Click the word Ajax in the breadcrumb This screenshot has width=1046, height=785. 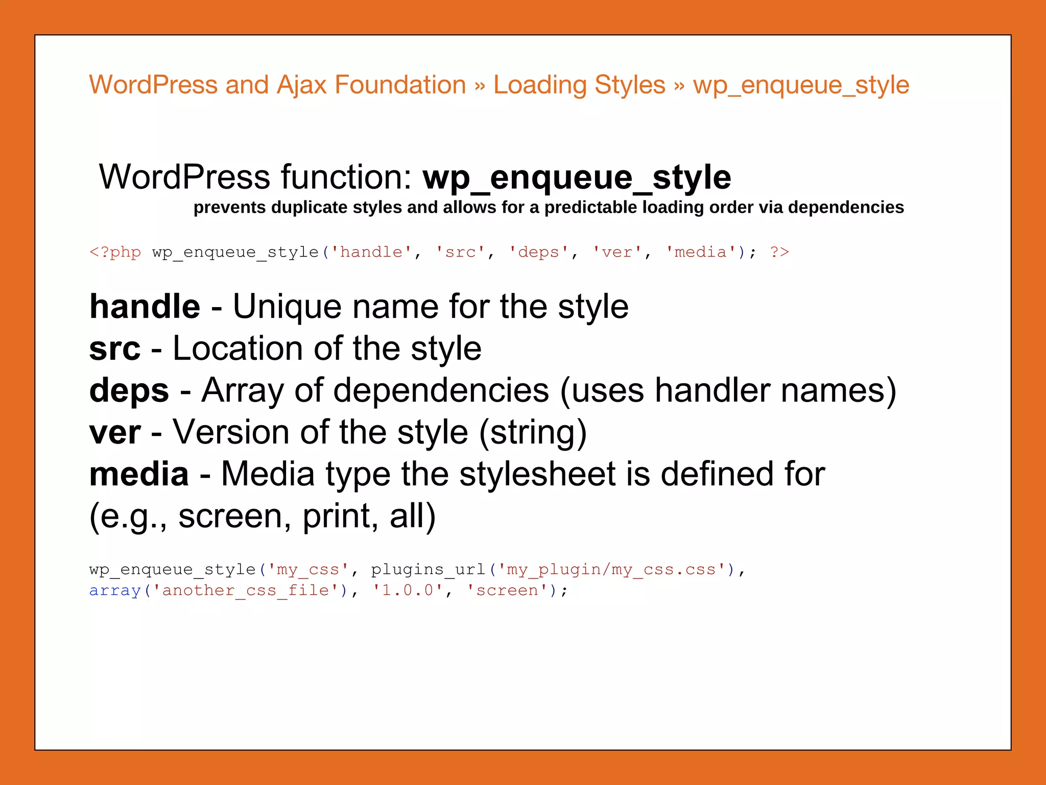[x=301, y=85]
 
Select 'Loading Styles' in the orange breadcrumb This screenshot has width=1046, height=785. [x=579, y=85]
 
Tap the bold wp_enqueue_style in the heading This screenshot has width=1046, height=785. [x=577, y=177]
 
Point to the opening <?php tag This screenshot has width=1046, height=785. [x=115, y=252]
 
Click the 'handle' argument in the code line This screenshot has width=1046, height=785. [x=371, y=252]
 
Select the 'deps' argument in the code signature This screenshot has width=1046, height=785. [x=538, y=252]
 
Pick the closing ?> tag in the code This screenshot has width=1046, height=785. [x=779, y=252]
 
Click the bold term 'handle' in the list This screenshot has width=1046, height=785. [x=145, y=307]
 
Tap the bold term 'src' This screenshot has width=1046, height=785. [x=114, y=349]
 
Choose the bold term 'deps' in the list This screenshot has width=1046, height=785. [x=129, y=391]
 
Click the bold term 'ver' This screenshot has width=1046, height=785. [x=115, y=432]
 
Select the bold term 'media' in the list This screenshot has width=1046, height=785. [x=139, y=474]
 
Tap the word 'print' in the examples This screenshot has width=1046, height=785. [x=336, y=516]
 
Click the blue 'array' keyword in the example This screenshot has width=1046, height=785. [x=114, y=591]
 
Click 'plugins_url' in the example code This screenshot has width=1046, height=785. [x=428, y=570]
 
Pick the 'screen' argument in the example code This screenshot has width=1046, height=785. [x=507, y=591]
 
